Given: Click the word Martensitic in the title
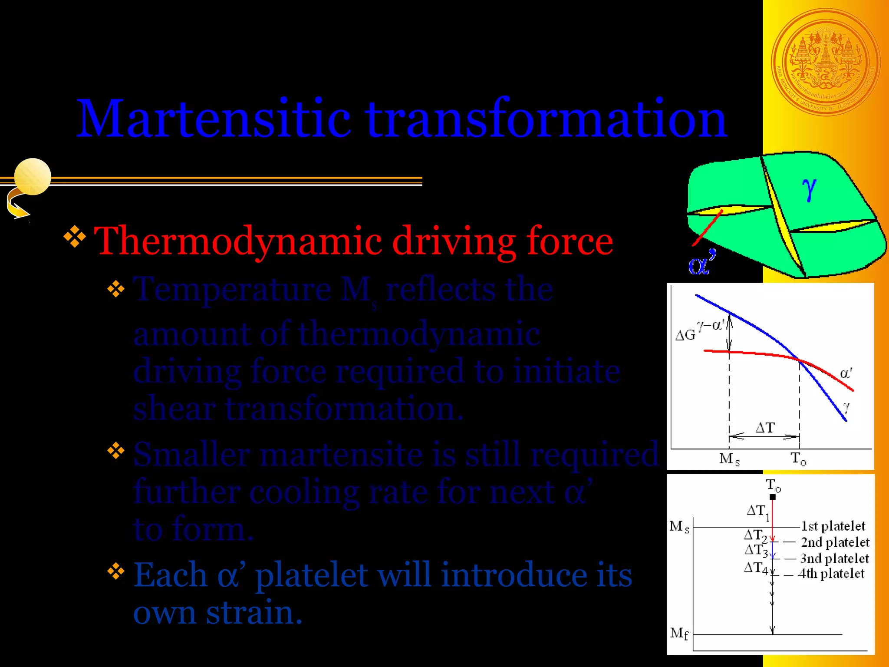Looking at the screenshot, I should [x=213, y=119].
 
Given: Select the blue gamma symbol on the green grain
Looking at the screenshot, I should [x=809, y=189].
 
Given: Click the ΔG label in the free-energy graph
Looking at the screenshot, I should [x=685, y=335].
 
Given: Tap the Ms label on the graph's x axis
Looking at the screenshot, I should [x=729, y=459].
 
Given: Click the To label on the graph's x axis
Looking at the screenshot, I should [x=798, y=459].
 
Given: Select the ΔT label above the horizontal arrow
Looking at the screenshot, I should [x=765, y=428].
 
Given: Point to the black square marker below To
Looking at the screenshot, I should [x=773, y=497].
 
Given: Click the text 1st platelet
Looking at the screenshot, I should [x=833, y=526].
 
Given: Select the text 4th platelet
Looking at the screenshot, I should [x=831, y=574].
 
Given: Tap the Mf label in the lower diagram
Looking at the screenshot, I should [x=679, y=634].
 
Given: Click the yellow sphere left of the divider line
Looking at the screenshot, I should [x=33, y=176].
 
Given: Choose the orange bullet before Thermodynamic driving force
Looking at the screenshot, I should [x=75, y=237].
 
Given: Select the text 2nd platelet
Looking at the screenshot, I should [x=835, y=542].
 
